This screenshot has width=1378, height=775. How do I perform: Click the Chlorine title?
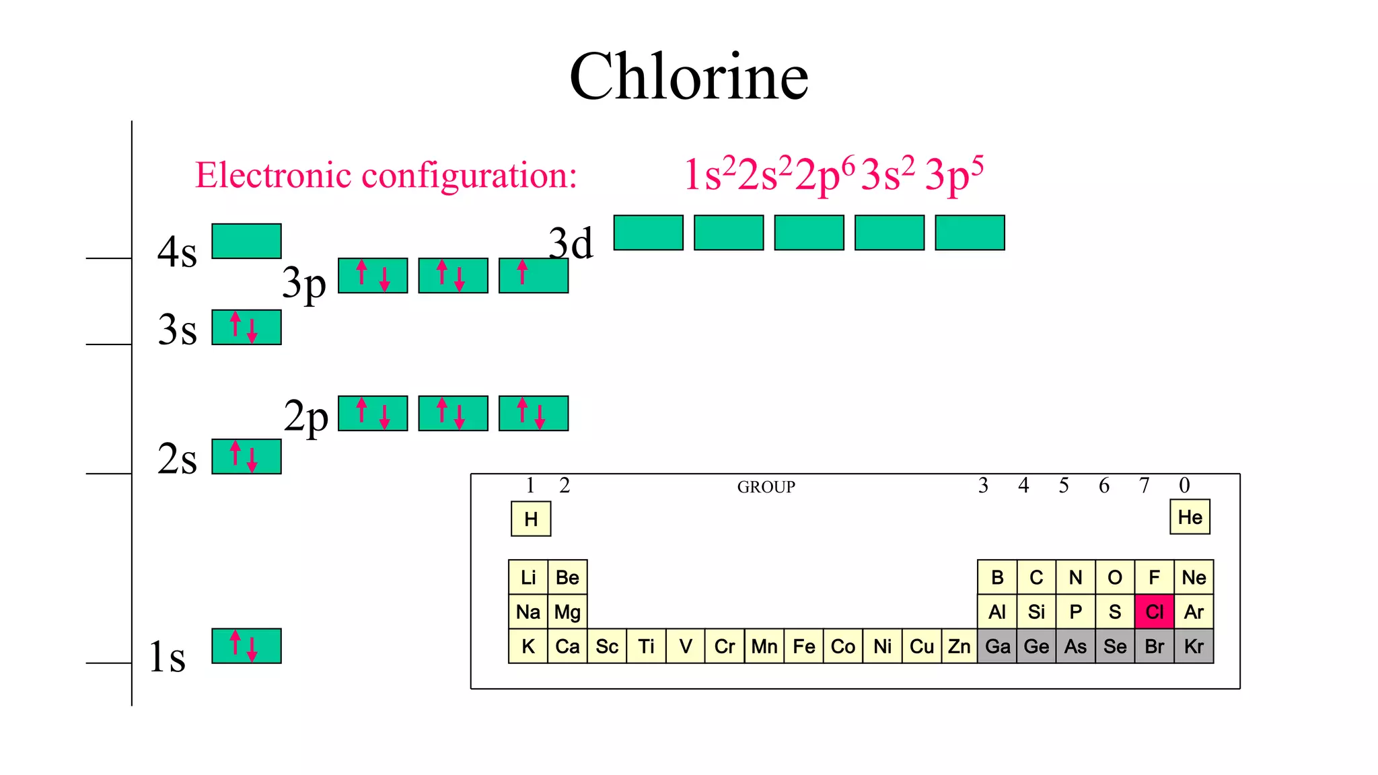688,77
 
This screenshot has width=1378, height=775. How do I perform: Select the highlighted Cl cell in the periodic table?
1154,612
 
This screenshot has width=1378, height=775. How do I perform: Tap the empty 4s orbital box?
246,241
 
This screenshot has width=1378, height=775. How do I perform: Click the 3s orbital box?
246,328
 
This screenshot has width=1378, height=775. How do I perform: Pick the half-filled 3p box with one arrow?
534,276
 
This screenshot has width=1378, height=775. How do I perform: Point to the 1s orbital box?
246,646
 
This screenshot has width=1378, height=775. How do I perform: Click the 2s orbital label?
177,459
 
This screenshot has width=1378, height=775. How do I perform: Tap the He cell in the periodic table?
1190,517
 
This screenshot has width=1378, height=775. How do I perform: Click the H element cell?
531,519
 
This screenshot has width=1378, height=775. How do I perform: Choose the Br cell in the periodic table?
1154,647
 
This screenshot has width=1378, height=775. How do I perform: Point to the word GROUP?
766,487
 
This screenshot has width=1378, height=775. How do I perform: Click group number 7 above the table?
1144,486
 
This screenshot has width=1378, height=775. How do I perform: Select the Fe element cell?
803,647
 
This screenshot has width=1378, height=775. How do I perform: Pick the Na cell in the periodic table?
528,612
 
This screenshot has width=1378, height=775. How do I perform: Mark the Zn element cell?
959,647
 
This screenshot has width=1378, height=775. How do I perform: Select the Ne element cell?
1194,577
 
